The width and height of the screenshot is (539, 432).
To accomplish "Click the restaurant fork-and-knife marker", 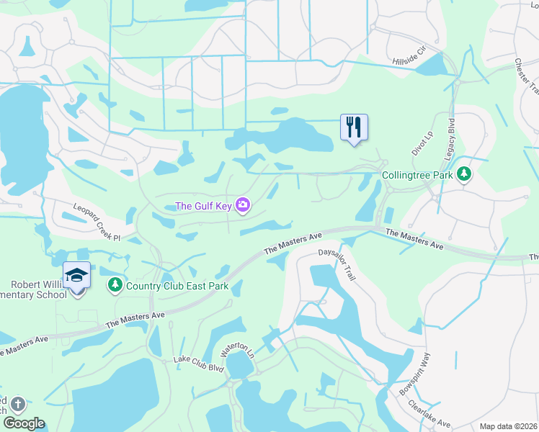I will point(354,127).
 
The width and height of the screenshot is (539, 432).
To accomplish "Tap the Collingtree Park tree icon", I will point(465,174).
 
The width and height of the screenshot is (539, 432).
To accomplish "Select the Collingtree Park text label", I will point(417,175).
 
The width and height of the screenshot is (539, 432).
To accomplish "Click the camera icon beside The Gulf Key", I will point(243,207).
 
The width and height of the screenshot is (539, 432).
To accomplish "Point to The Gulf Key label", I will point(204,207).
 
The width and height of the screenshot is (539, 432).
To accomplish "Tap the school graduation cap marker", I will point(76,276).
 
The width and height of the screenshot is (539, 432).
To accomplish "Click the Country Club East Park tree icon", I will point(115,286).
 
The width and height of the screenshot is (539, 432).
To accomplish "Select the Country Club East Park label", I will point(177,286).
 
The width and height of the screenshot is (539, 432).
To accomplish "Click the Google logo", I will point(24,423).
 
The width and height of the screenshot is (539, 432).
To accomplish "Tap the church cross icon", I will point(17,405).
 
